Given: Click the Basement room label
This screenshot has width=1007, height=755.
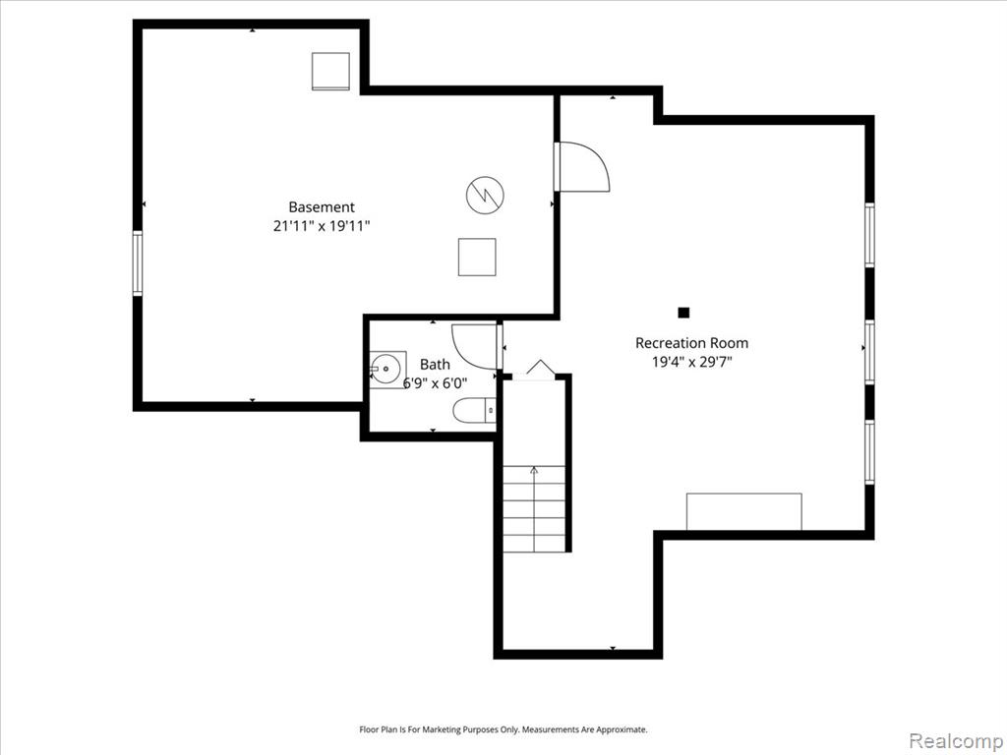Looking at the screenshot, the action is (x=322, y=206).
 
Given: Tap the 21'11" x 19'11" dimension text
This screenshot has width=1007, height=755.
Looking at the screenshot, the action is (x=322, y=226).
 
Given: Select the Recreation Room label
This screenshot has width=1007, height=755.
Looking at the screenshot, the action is (x=691, y=343).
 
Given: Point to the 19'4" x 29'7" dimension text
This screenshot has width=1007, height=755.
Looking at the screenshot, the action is (x=691, y=362).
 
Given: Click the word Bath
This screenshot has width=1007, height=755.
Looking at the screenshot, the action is (x=435, y=365).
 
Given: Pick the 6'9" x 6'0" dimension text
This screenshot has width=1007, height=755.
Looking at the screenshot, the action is (x=435, y=383).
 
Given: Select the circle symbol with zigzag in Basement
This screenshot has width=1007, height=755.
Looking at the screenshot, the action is (x=485, y=196).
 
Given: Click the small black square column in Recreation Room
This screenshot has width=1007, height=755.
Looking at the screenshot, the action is (x=684, y=313).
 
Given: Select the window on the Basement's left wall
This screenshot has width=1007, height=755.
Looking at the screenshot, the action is (x=138, y=263).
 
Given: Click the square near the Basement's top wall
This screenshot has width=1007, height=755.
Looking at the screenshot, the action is (x=330, y=71).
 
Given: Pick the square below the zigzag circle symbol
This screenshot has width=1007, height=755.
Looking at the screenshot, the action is (x=477, y=257).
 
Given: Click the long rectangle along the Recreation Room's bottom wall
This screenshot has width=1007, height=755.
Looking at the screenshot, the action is (x=744, y=511).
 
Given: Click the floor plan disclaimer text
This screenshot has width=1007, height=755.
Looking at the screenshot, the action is (x=503, y=730).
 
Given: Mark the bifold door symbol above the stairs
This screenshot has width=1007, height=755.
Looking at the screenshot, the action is (x=540, y=367).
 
